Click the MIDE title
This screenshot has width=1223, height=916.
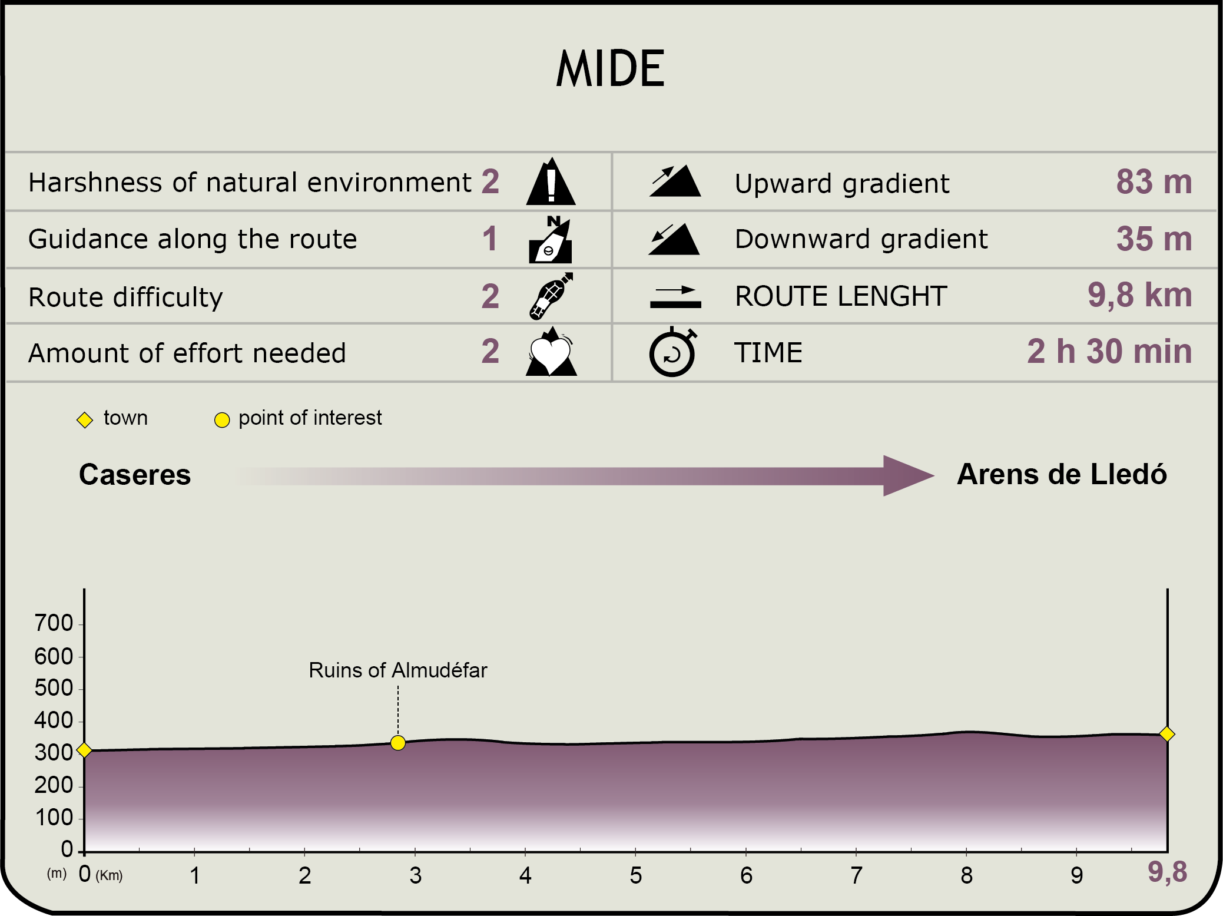point(611,68)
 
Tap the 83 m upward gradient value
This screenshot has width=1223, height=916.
point(1154,181)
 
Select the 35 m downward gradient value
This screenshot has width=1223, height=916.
point(1154,239)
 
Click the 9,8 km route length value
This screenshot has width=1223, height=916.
point(1140,295)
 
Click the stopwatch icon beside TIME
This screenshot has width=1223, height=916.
point(672,352)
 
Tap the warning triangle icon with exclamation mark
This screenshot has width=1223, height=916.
point(551,181)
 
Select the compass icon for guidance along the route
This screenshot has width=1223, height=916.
point(551,239)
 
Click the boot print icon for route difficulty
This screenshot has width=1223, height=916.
point(551,296)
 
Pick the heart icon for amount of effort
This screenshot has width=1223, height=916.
point(551,352)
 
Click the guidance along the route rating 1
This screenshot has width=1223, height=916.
point(490,239)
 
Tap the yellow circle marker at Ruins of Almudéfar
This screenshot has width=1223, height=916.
point(398,743)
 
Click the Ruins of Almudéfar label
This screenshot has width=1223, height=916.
point(398,670)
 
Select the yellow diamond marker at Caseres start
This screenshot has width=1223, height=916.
point(84,750)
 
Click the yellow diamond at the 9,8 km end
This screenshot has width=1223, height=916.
point(1167,734)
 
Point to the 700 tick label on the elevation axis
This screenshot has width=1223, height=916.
point(54,623)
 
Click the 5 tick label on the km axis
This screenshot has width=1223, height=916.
point(635,875)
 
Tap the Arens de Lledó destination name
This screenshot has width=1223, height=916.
point(1062,474)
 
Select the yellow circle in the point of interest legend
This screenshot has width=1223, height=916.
point(222,420)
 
